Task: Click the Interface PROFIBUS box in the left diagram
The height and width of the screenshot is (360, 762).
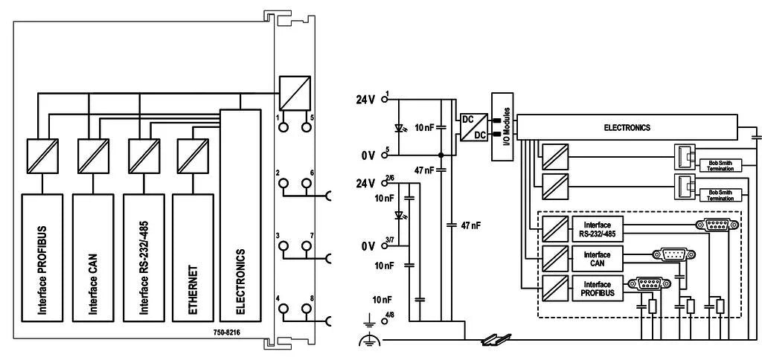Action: (x=42, y=257)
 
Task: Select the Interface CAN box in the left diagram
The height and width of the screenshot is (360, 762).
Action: (x=93, y=257)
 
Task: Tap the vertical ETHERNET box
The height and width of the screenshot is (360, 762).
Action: (x=193, y=257)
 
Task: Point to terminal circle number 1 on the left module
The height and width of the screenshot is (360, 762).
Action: (x=283, y=128)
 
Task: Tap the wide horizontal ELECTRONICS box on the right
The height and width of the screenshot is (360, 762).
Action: (x=627, y=127)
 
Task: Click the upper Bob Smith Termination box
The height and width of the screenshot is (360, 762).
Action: (x=720, y=166)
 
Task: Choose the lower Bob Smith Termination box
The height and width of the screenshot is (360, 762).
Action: (x=720, y=196)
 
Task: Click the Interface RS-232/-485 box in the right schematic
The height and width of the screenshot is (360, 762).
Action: (x=597, y=227)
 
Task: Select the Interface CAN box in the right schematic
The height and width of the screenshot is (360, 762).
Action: (x=597, y=257)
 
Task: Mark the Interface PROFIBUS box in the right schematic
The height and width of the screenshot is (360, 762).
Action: (x=597, y=288)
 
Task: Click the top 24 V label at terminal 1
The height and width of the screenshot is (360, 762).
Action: (x=365, y=100)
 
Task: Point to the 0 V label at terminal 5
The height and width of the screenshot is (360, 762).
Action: (x=368, y=156)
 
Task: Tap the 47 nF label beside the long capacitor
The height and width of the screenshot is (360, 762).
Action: (x=470, y=225)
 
